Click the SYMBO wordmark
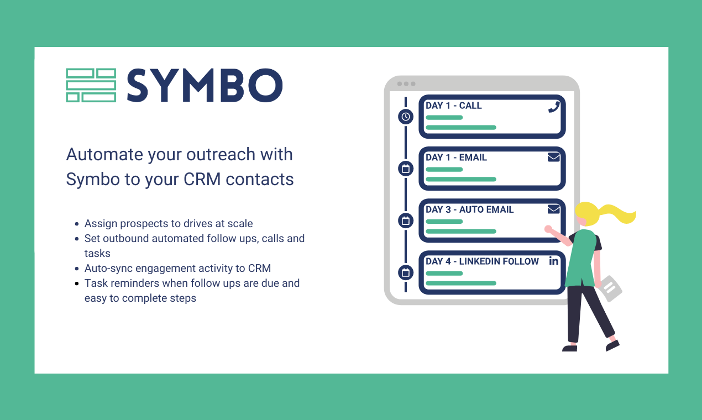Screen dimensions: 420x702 click(x=205, y=86)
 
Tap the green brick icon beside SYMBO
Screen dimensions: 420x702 click(x=91, y=86)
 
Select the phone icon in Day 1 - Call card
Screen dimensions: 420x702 click(x=553, y=107)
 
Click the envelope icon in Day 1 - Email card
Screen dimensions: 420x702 click(x=553, y=158)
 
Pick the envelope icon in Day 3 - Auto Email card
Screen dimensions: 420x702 click(x=553, y=209)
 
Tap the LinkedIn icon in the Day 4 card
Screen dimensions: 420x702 click(x=553, y=261)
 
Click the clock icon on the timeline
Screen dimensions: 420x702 click(x=406, y=117)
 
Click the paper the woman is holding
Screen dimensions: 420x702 click(x=610, y=288)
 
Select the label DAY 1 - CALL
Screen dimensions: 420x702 click(x=453, y=106)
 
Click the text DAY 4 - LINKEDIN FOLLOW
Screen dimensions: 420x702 click(x=482, y=261)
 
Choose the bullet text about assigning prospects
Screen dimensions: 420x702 click(x=169, y=224)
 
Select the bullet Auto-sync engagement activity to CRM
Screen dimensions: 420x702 click(x=177, y=269)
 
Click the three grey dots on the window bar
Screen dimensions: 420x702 click(x=406, y=84)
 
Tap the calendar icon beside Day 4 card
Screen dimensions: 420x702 click(x=406, y=272)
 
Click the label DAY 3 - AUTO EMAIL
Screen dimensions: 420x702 click(x=469, y=209)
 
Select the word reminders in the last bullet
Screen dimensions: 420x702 click(x=135, y=283)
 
